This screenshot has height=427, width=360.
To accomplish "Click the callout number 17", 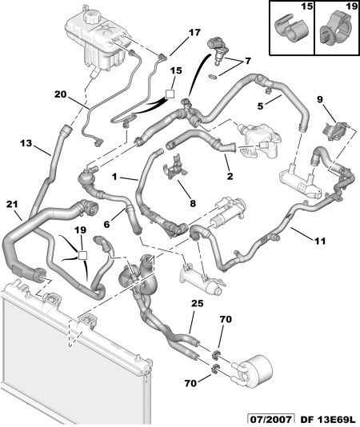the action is (x=194, y=33).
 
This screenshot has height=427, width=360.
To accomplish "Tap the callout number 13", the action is (x=26, y=143).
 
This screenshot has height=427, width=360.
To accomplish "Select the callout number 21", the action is (x=12, y=204).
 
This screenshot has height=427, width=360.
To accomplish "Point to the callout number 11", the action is (x=320, y=241).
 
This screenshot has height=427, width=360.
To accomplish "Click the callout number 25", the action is (x=197, y=304).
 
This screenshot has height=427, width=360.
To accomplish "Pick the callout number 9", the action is (x=319, y=100).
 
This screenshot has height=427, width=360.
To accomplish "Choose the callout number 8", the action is (x=193, y=203).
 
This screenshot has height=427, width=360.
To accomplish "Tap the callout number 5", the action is (x=261, y=106).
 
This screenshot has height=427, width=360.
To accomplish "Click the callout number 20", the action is (x=60, y=94).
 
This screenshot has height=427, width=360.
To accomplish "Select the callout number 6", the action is (x=106, y=225).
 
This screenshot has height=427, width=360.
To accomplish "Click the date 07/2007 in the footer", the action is (x=271, y=420).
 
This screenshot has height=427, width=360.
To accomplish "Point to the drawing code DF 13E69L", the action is (x=328, y=420).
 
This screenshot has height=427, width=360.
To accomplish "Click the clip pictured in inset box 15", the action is (x=291, y=28).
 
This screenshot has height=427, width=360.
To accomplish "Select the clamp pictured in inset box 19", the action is (x=335, y=30).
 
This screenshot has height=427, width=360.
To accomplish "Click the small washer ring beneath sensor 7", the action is (x=213, y=77).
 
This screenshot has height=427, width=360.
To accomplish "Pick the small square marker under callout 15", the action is (x=170, y=94).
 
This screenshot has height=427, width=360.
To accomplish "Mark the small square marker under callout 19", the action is (x=82, y=255).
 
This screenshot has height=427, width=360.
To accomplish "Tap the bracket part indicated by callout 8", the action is (x=174, y=167).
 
